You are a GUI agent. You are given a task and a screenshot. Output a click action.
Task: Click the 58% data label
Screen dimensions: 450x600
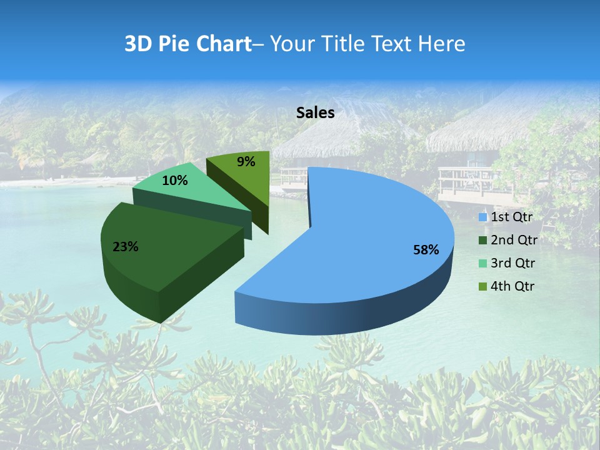[x=426, y=250]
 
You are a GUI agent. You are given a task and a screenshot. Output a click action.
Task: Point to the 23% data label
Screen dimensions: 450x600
[x=126, y=247]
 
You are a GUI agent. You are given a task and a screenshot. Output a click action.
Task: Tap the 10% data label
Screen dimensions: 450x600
[x=175, y=181]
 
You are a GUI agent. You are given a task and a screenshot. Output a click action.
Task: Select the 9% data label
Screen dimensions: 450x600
[x=246, y=162]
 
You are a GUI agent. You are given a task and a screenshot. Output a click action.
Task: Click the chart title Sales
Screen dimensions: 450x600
[x=316, y=113]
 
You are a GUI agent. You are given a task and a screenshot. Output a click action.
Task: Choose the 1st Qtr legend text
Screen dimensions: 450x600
[x=511, y=217]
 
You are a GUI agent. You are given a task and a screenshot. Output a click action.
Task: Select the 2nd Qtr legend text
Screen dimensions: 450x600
[x=514, y=240]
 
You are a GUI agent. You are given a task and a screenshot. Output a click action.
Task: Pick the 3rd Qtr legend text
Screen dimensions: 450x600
[x=512, y=263]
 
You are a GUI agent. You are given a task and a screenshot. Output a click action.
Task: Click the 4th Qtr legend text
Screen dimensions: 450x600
[x=512, y=286]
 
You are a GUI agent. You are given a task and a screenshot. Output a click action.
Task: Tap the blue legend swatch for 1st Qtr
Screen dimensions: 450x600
[x=483, y=217]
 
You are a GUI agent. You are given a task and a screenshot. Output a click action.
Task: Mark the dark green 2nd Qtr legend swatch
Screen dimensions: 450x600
[x=483, y=241]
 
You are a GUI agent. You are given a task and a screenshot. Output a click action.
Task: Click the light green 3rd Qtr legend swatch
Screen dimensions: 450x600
[x=483, y=263]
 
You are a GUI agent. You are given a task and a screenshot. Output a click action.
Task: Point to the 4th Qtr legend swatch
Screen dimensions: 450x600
[x=483, y=286]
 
